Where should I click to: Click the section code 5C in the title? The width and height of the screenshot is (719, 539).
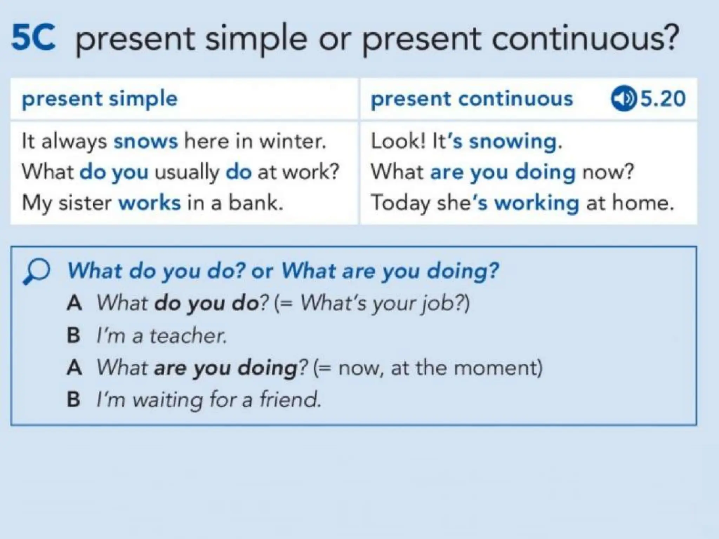pos(33,38)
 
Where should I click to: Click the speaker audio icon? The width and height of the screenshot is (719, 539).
pos(624,99)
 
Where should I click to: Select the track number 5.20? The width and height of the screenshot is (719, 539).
pos(663,99)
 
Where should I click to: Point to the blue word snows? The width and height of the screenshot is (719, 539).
pos(146,141)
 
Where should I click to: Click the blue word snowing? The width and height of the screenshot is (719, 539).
pos(513,142)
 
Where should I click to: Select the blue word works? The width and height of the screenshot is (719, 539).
pos(150,203)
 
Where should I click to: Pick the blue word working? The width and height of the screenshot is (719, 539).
pos(537,204)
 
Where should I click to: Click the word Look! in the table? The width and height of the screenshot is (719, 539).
pos(398,141)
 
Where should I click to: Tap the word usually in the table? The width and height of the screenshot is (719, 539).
pos(187,173)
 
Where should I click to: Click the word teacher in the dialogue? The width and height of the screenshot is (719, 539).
pos(188,335)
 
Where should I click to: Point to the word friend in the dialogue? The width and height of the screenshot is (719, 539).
pos(290,399)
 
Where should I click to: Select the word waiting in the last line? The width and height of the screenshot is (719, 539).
pos(167,400)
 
